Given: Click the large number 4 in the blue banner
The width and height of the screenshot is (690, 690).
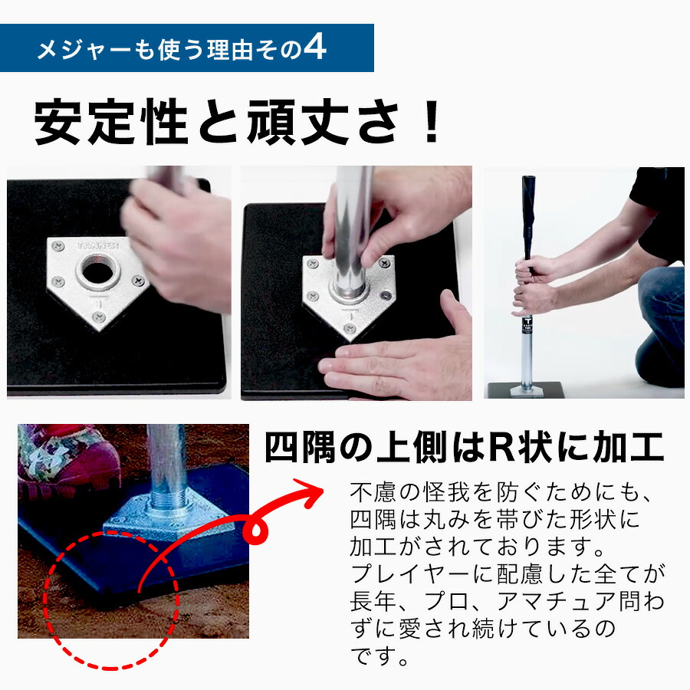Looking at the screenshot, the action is point(314,48).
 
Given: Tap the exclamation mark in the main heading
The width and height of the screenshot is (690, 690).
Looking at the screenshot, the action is point(432,121).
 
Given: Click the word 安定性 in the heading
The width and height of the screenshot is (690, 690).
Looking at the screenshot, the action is point(111,122).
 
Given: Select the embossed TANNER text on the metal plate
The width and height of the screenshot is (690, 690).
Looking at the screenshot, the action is point(97,245).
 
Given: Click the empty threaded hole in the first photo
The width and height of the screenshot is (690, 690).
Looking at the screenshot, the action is point(97,270).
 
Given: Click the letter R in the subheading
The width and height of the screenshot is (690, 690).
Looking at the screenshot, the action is point(499,448).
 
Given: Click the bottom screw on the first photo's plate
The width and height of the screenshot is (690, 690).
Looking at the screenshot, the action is point(99,316).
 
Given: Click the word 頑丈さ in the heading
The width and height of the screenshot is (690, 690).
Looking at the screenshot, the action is point(323,122).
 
